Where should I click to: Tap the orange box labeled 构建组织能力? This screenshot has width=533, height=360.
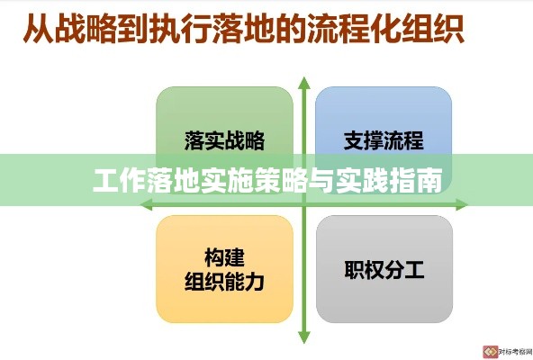coord(224,269)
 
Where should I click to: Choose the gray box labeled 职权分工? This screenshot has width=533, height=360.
coord(384,269)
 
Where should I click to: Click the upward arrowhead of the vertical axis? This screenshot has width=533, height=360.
coord(304,83)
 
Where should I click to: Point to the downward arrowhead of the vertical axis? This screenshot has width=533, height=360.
coord(304,337)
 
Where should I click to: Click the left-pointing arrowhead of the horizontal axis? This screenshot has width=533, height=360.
coord(146,204)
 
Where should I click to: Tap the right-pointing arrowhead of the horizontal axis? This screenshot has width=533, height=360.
coord(462,204)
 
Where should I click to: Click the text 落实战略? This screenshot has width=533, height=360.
coord(224,140)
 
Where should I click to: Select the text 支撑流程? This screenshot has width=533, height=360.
coord(384,140)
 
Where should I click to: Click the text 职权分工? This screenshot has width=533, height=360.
coord(384,270)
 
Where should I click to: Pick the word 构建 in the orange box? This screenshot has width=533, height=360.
coord(224,257)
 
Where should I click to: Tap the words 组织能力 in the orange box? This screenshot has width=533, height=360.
coord(224,282)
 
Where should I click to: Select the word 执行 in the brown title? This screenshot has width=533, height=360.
coord(180,28)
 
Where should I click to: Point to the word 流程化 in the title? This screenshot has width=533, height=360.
coord(354,28)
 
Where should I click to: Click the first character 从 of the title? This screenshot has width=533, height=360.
coord(39,28)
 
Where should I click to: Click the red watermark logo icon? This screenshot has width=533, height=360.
coord(490,352)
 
